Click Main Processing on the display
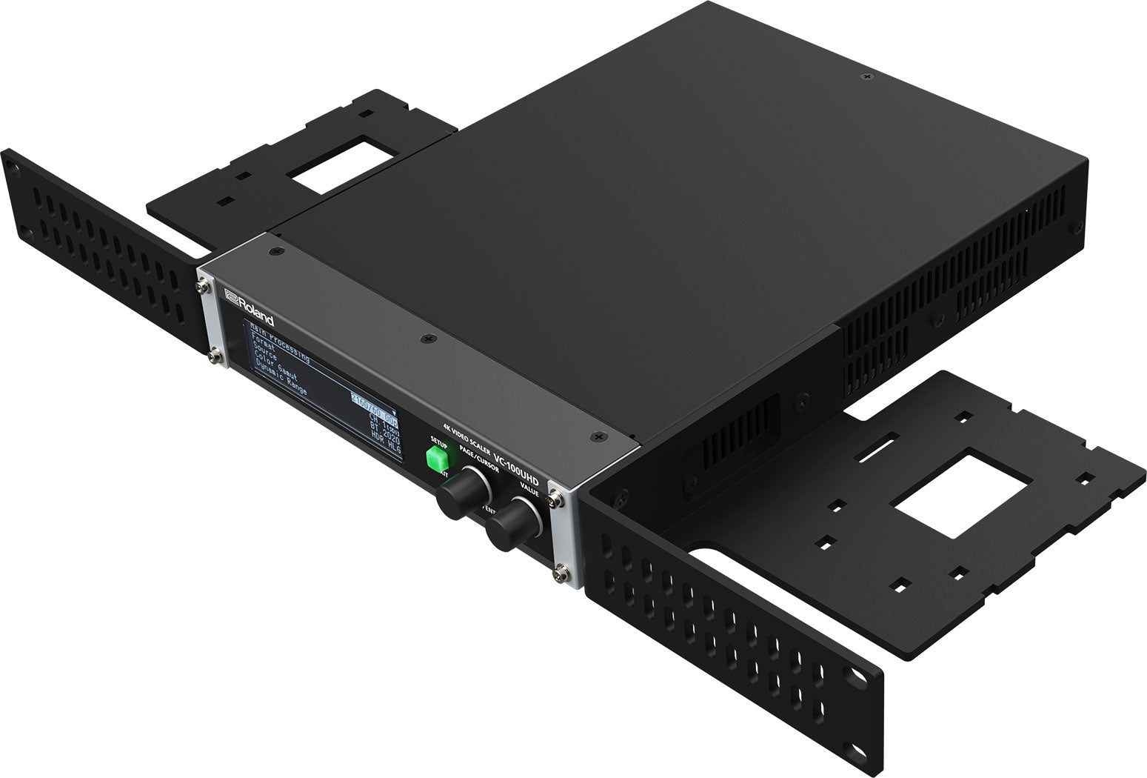click(x=279, y=344)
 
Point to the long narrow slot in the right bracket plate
click(x=875, y=449)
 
